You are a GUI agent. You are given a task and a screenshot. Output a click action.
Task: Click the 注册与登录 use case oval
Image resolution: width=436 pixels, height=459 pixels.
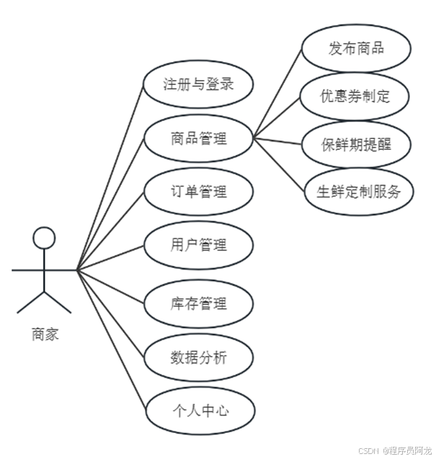198,84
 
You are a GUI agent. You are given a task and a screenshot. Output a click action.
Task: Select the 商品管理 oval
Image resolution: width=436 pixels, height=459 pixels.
198,138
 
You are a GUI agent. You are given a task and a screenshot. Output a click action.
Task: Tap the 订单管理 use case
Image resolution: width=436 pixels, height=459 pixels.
198,192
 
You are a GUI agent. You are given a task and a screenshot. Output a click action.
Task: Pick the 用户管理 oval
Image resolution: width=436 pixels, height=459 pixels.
198,246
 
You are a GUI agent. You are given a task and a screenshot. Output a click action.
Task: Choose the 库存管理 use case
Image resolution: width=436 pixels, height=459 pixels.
198,303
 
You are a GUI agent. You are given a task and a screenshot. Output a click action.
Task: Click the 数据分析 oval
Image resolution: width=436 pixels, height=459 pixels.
198,357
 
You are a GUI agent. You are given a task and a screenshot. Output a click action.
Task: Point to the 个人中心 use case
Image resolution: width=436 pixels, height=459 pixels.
198,411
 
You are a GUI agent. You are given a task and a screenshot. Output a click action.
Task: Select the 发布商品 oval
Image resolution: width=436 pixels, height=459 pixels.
355,49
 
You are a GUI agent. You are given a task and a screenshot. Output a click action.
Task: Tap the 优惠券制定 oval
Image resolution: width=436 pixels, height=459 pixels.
355,96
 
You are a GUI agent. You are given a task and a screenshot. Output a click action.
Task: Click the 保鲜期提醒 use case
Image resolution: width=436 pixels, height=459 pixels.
355,144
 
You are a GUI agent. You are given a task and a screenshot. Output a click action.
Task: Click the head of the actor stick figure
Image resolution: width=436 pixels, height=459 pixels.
45,237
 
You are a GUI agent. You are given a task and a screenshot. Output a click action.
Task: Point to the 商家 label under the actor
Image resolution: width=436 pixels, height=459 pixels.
45,334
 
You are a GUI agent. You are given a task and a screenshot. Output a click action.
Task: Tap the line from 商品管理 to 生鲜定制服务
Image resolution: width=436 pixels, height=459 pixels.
281,165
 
